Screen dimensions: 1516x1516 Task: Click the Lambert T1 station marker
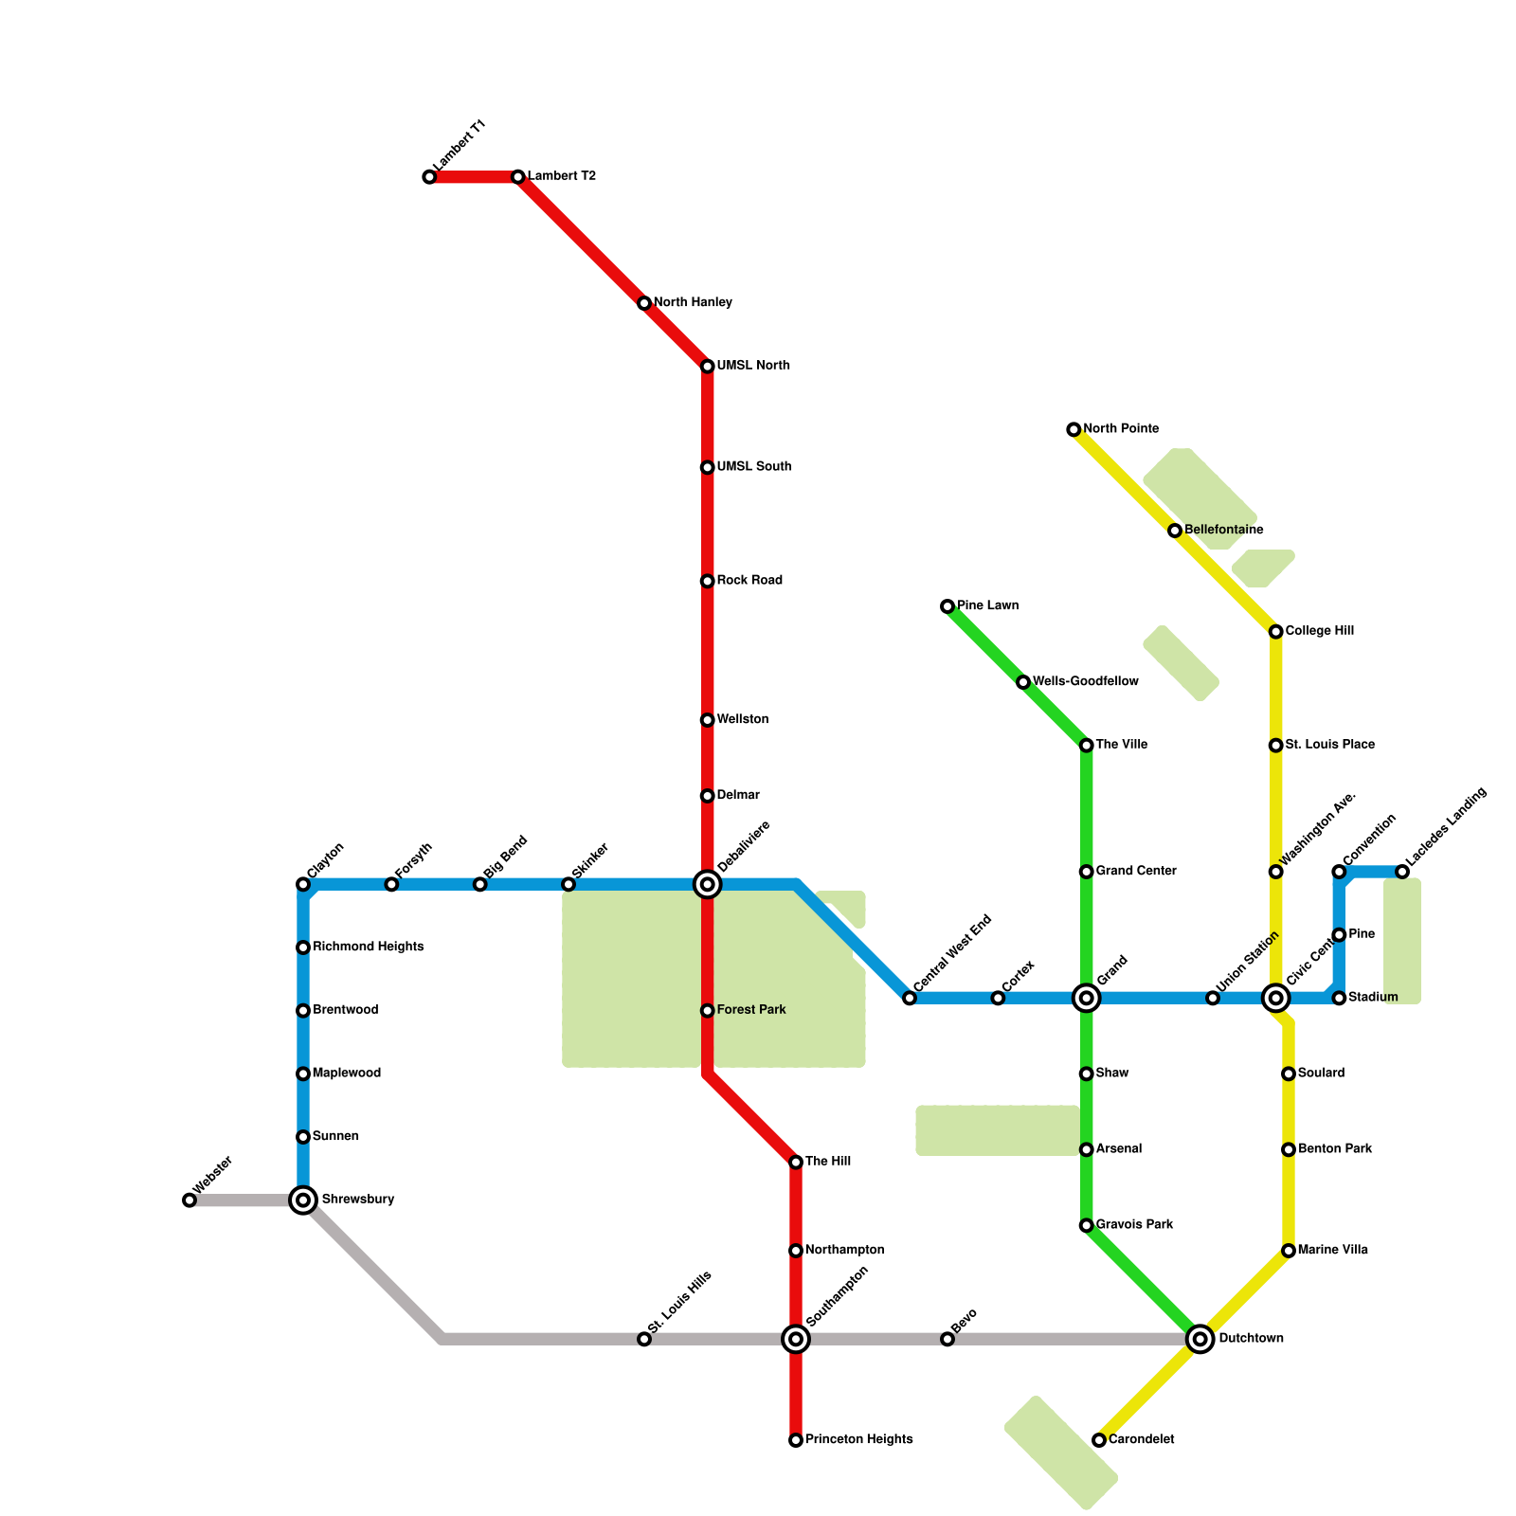point(429,177)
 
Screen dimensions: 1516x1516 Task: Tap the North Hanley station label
point(693,303)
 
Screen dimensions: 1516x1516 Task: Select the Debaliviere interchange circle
point(708,885)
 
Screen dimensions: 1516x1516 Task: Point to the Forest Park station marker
point(708,1011)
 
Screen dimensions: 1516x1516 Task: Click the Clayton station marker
point(303,885)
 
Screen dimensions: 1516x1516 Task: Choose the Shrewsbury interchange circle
point(303,1200)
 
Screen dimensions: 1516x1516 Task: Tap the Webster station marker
point(189,1200)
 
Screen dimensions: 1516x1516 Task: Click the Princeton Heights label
point(858,1440)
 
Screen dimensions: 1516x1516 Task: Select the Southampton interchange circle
point(796,1339)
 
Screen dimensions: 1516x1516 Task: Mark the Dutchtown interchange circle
point(1200,1339)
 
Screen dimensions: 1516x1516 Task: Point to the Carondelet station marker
point(1099,1440)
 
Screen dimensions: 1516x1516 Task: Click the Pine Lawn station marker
point(947,606)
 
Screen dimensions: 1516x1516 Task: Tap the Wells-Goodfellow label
point(1085,682)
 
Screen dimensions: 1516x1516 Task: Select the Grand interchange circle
point(1087,998)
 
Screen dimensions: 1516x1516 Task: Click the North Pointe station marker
point(1074,430)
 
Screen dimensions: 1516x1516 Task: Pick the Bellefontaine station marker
point(1175,531)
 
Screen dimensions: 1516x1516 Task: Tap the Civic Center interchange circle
point(1276,998)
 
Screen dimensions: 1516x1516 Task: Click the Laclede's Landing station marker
point(1402,872)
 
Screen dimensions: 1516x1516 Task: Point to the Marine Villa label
point(1332,1251)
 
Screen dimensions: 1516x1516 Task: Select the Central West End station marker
point(910,998)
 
